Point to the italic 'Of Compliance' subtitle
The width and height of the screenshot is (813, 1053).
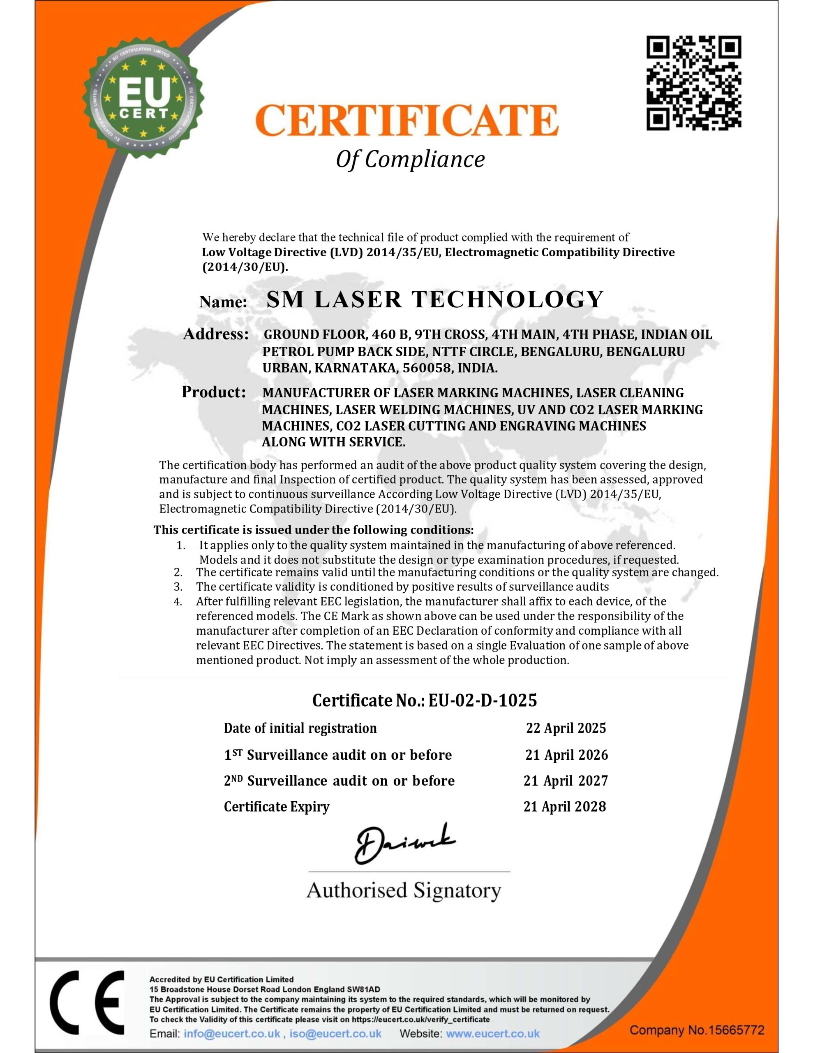pos(410,159)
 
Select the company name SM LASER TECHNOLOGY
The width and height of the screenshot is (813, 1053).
pos(435,299)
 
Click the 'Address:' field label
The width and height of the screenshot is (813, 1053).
pos(216,334)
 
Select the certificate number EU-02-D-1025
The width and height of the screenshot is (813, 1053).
pos(483,700)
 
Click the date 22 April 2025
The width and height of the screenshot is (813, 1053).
pos(566,728)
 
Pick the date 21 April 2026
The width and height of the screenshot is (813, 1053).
pos(566,755)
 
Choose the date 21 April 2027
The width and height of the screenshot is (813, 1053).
pos(566,781)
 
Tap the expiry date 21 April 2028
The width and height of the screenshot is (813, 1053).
pos(565,807)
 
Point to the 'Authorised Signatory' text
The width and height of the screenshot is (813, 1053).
pos(404,890)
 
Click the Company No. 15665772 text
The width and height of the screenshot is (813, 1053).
pos(697,1030)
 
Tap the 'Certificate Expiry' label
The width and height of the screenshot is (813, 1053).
pos(277,807)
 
